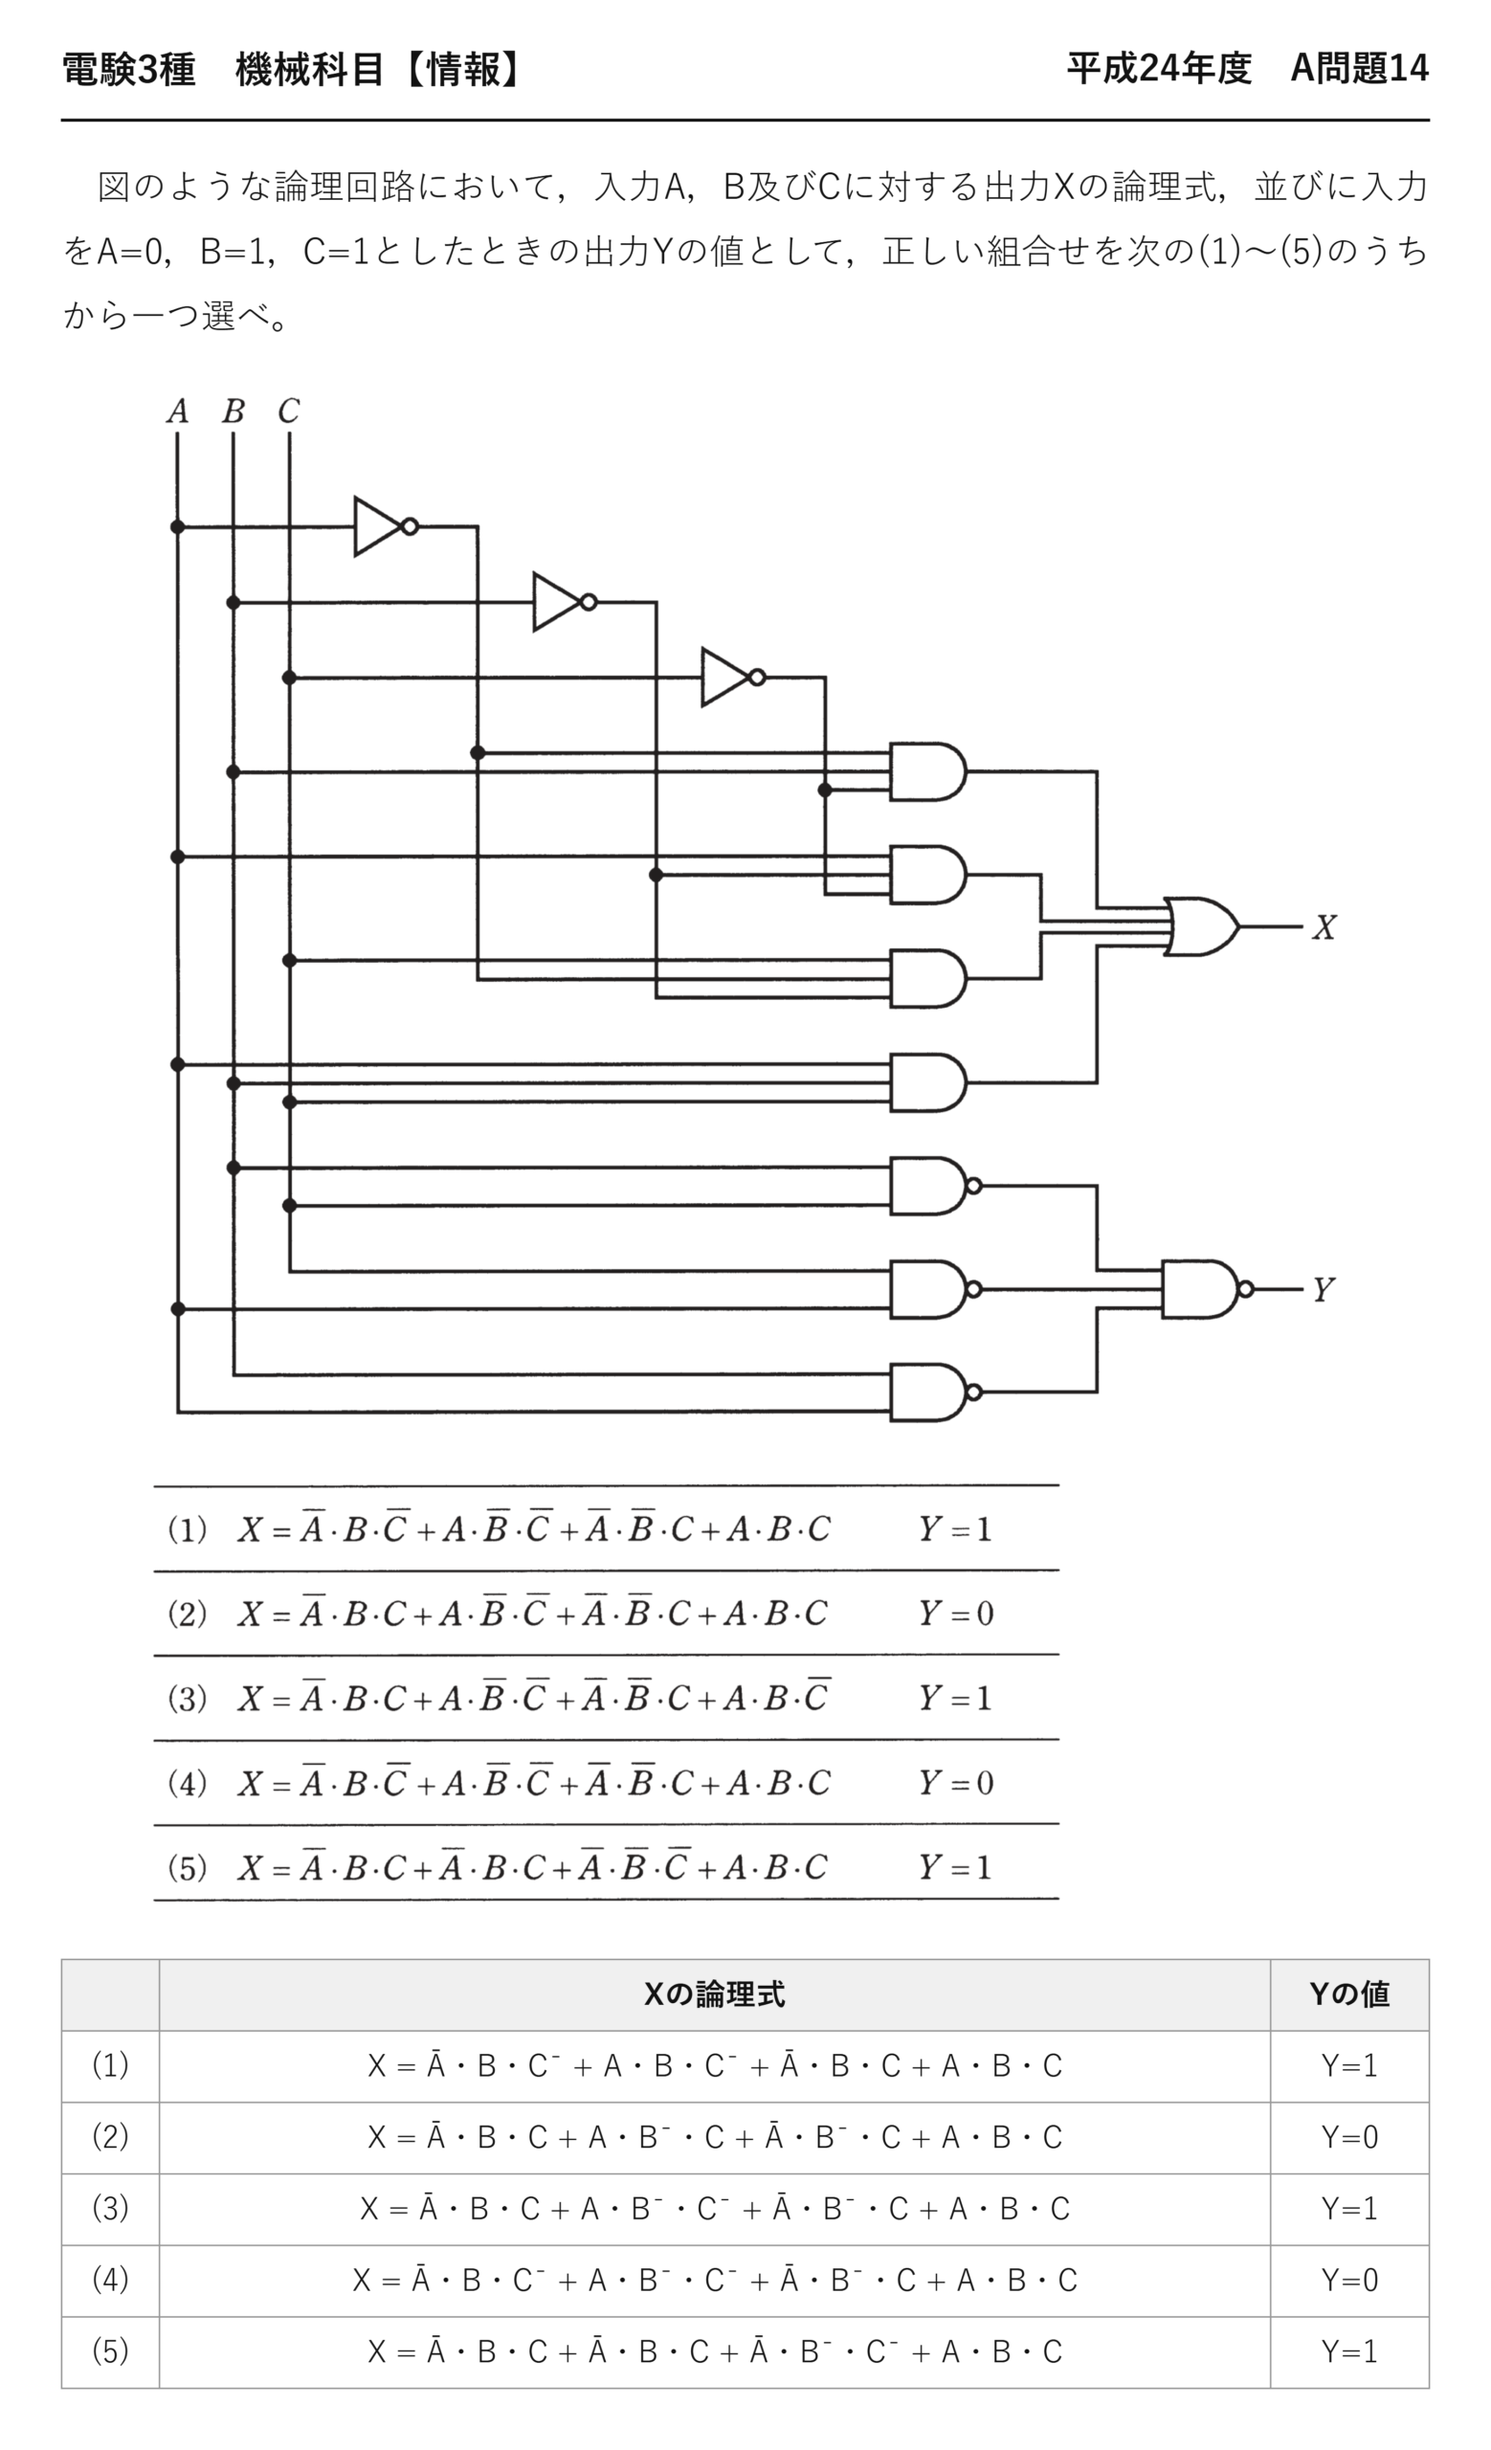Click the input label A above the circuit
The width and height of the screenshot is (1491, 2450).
[x=177, y=411]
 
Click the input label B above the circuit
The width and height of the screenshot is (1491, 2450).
[x=233, y=411]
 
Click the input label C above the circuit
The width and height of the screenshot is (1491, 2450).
[x=288, y=411]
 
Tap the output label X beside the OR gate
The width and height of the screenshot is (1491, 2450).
[x=1323, y=926]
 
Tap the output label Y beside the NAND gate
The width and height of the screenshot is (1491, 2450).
[x=1322, y=1290]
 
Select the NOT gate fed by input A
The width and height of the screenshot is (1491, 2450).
[x=386, y=527]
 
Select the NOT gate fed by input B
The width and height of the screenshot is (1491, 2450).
[x=565, y=603]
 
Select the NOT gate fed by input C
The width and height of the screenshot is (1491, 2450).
[x=732, y=679]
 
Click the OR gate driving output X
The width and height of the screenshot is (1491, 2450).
[x=1202, y=926]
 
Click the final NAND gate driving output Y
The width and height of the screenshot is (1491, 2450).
[x=1207, y=1290]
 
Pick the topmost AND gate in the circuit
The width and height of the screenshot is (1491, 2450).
[x=927, y=771]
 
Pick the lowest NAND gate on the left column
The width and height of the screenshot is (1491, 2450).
[x=935, y=1392]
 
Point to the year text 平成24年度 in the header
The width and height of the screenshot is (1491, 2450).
[x=1159, y=69]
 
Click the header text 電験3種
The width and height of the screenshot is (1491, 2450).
[x=129, y=69]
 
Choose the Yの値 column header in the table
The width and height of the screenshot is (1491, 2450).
[x=1348, y=1993]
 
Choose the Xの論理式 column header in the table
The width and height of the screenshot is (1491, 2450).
[x=714, y=1993]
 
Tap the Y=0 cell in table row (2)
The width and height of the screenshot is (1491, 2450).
[x=1348, y=2137]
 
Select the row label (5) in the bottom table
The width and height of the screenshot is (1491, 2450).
[x=109, y=2351]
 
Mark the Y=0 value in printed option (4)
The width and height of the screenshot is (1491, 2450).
[x=955, y=1783]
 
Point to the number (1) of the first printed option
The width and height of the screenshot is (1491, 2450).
[x=187, y=1529]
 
